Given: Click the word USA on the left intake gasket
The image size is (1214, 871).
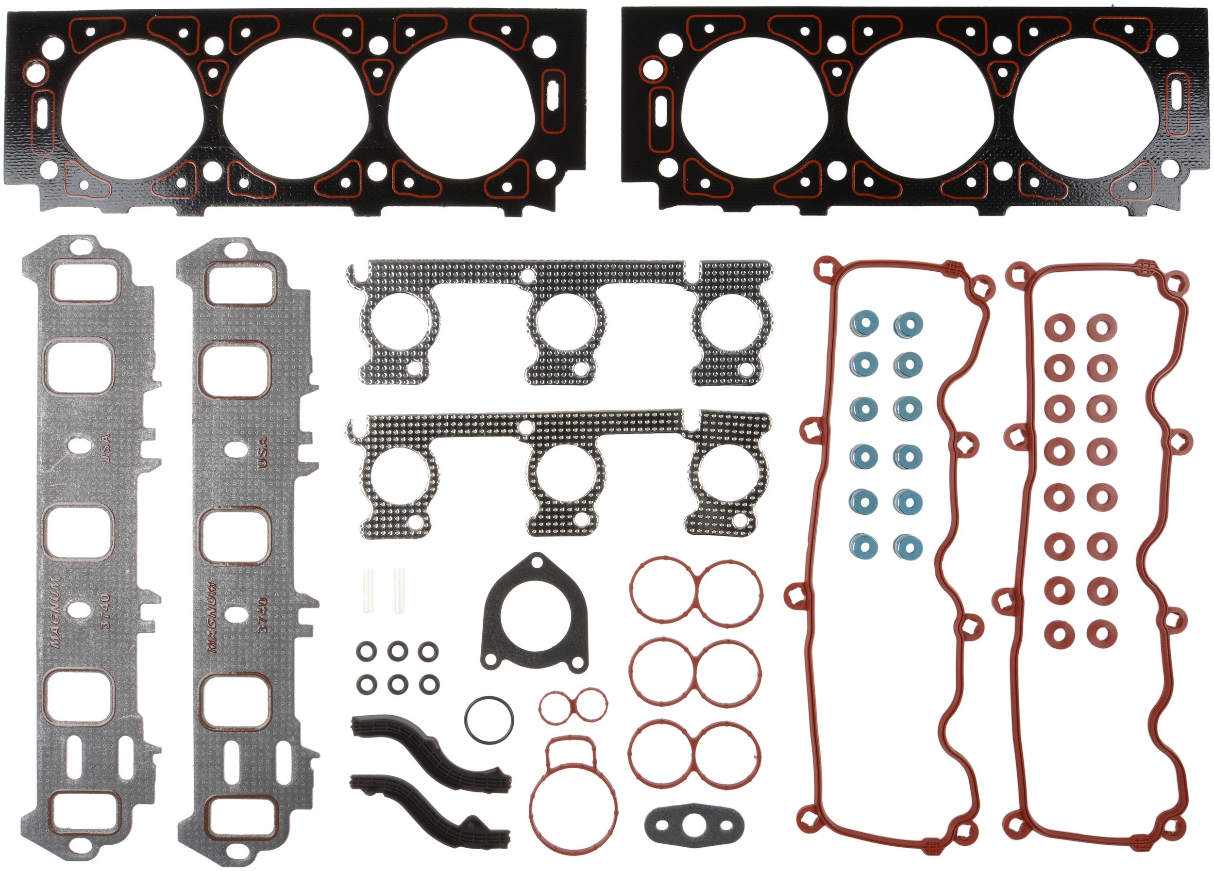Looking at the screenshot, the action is point(105,448).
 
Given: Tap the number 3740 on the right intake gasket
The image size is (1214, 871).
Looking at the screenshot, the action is point(262,615).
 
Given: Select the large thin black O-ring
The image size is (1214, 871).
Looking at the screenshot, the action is point(489,720).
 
